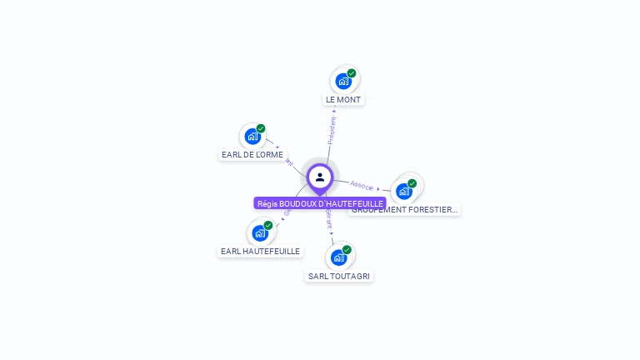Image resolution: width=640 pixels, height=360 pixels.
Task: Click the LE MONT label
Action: (x=344, y=99)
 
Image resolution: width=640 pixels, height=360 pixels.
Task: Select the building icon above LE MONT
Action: (x=342, y=82)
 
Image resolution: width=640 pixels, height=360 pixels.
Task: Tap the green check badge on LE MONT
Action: (x=352, y=73)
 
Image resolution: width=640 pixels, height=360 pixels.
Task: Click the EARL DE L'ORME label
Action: (x=252, y=154)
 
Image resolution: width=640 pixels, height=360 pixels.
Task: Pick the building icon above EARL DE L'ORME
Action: (x=252, y=137)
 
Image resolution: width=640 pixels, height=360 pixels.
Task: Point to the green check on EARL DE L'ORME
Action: (x=261, y=128)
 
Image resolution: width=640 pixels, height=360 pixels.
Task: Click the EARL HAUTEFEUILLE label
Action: (x=260, y=251)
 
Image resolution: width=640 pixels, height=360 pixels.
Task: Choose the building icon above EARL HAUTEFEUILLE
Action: (x=259, y=233)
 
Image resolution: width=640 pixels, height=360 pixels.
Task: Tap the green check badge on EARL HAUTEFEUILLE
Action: (x=268, y=225)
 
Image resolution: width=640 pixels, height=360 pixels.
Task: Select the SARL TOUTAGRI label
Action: (x=339, y=276)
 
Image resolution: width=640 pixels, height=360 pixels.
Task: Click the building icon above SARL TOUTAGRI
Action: (x=337, y=257)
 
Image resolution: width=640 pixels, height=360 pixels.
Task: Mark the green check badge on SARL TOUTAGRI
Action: (x=347, y=249)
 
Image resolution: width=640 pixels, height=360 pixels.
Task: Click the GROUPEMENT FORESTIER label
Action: (x=405, y=210)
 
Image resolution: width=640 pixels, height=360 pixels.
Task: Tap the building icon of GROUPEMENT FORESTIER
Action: (x=403, y=192)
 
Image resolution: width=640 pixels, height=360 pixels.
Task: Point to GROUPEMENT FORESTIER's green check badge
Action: (x=412, y=183)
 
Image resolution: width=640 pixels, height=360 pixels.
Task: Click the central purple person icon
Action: (x=320, y=177)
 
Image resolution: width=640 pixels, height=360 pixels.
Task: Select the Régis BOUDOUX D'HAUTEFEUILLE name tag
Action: (x=320, y=203)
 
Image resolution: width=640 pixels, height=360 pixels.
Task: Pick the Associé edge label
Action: (x=362, y=185)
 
